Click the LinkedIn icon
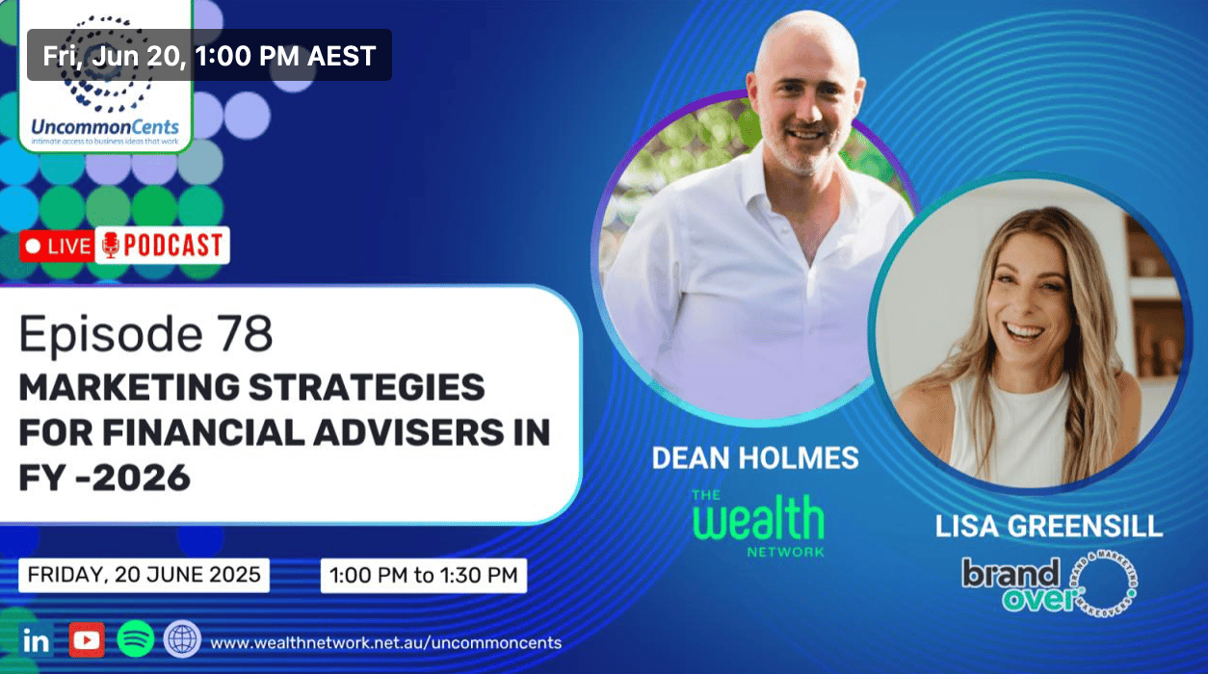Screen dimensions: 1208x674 [x=37, y=640]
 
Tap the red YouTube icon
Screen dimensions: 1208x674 [x=87, y=640]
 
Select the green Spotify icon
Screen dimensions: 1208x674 [x=136, y=639]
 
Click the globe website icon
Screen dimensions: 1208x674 [x=182, y=639]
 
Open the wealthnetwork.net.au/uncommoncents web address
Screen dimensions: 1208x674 [x=385, y=643]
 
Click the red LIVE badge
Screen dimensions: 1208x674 [x=57, y=246]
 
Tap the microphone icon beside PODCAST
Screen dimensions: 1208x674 [x=111, y=246]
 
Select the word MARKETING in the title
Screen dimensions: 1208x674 [x=129, y=387]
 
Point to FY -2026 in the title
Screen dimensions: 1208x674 [x=105, y=478]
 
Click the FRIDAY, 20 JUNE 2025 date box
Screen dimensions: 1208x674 [x=144, y=576]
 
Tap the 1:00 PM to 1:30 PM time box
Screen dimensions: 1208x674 [x=424, y=576]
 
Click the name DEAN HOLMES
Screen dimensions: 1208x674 [x=755, y=457]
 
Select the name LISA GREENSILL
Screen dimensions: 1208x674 [x=1049, y=527]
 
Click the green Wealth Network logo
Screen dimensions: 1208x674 [x=758, y=523]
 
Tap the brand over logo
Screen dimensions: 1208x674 [x=1049, y=584]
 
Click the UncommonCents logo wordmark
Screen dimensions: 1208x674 [x=105, y=127]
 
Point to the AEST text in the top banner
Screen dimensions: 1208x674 [x=341, y=56]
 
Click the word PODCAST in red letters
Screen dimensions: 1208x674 [x=173, y=246]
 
